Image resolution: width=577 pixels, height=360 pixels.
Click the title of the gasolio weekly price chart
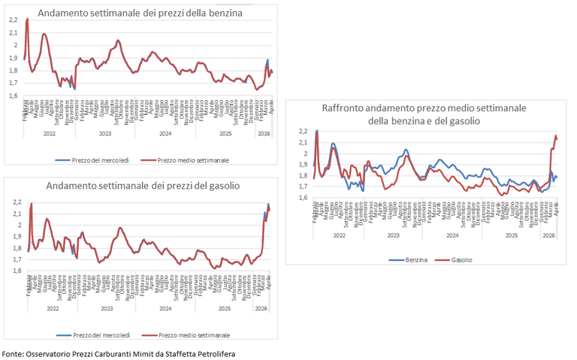tap(143, 186)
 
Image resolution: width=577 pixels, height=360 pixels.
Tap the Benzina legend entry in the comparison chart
tap(410, 259)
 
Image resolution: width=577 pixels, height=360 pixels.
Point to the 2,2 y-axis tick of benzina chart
tap(13, 20)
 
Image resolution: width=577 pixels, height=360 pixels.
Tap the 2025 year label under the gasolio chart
tap(223, 309)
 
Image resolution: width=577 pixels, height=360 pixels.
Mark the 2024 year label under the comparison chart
tap(452, 235)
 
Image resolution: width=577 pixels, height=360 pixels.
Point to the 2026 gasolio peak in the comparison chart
tap(555, 136)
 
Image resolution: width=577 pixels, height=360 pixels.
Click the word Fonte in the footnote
tap(13, 352)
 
